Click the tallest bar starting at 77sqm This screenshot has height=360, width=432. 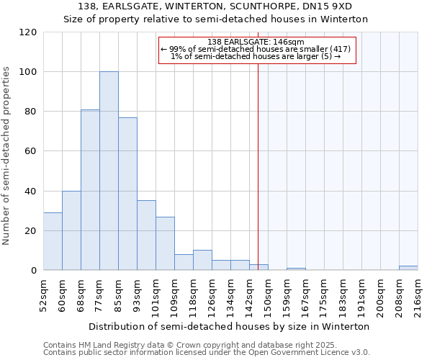pyautogui.click(x=109, y=171)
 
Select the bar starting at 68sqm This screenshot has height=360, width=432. pyautogui.click(x=90, y=190)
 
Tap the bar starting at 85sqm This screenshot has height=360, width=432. pyautogui.click(x=127, y=194)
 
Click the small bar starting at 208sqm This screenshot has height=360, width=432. pyautogui.click(x=408, y=268)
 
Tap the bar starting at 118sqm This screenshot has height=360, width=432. pyautogui.click(x=202, y=260)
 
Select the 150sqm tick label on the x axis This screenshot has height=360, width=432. pyautogui.click(x=268, y=294)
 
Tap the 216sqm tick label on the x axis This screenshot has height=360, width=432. pyautogui.click(x=418, y=294)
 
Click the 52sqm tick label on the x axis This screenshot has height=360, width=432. pyautogui.click(x=43, y=294)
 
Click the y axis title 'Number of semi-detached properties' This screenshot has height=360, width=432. pyautogui.click(x=6, y=156)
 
